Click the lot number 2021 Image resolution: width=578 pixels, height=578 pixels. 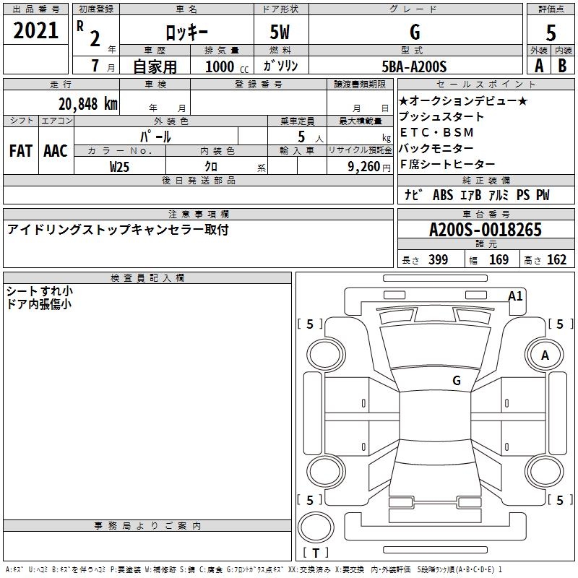(x=36, y=31)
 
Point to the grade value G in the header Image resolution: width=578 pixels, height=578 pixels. (x=414, y=32)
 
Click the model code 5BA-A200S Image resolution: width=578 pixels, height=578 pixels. (x=414, y=66)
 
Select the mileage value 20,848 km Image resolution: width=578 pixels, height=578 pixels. (x=87, y=103)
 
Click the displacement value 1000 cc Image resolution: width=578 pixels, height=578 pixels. (x=221, y=66)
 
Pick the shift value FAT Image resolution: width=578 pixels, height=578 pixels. (x=20, y=151)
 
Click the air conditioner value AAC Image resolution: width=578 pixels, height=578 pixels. (x=55, y=151)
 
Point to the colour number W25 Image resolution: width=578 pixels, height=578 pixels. (x=119, y=167)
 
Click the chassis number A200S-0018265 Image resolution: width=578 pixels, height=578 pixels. (x=485, y=230)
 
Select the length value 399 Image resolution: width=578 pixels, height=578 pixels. (x=438, y=259)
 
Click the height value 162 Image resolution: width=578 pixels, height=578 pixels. (x=556, y=259)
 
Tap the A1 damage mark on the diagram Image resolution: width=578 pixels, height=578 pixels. (x=515, y=296)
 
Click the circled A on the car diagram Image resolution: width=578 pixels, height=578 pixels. (x=545, y=355)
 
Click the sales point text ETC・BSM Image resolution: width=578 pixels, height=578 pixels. (x=437, y=132)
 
